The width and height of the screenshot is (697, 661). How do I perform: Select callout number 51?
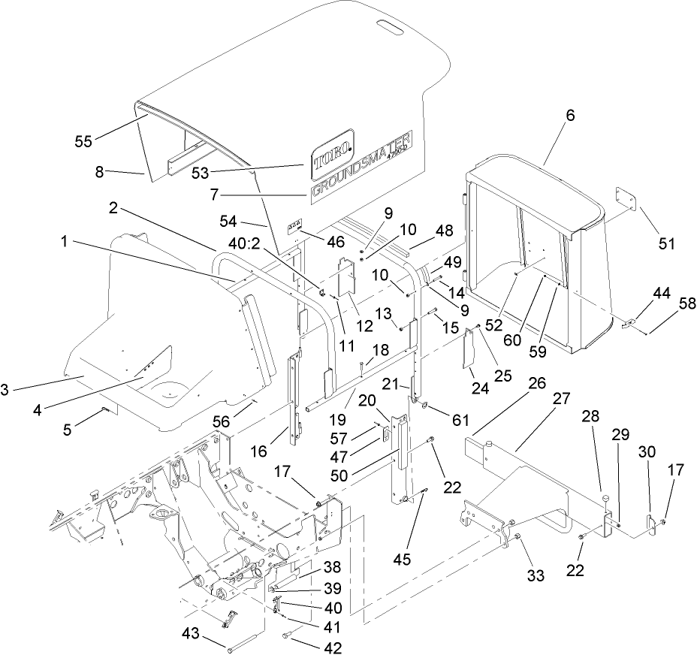(x=667, y=243)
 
